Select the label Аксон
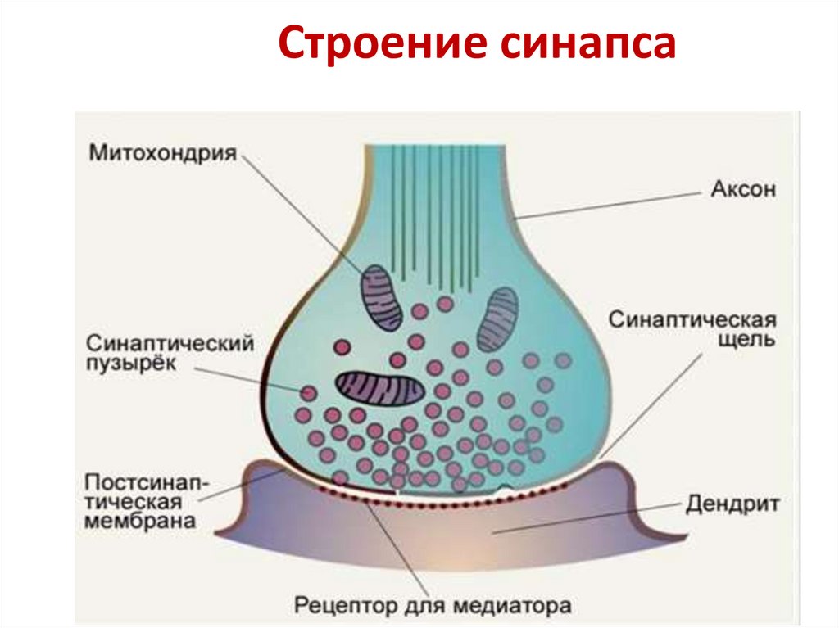[x=741, y=191]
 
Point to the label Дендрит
[x=733, y=503]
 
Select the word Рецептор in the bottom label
[x=347, y=608]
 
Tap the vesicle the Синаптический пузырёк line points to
[x=308, y=394]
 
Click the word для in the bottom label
[x=426, y=608]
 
